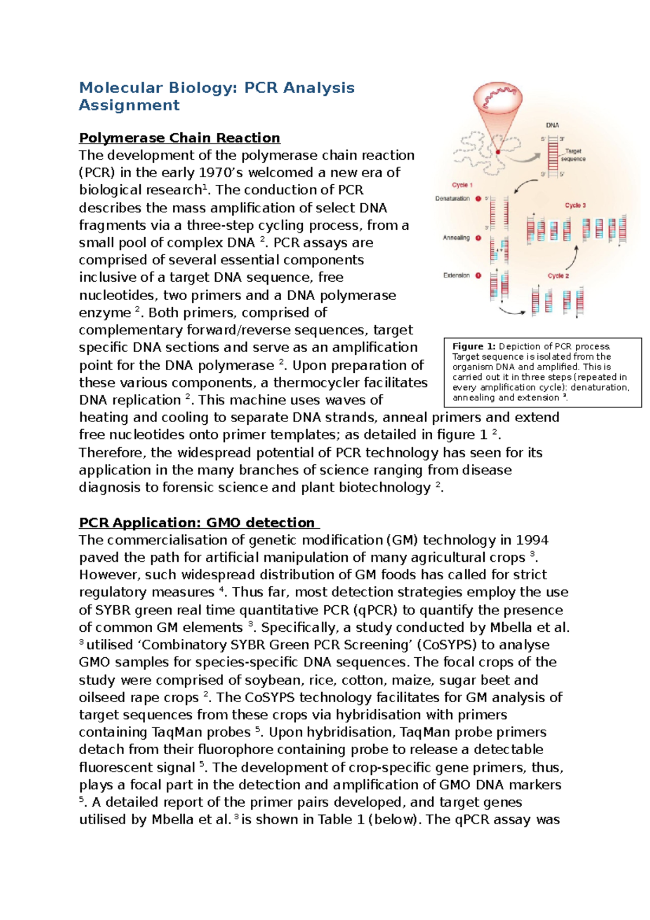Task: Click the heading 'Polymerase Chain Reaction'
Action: [x=179, y=138]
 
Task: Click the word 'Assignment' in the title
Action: [x=129, y=105]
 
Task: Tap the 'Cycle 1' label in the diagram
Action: [x=463, y=185]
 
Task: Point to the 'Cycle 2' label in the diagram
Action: [x=558, y=276]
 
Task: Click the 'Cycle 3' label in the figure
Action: [x=575, y=205]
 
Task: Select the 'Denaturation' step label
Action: [x=452, y=198]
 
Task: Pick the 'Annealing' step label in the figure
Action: [x=456, y=238]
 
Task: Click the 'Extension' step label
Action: [x=456, y=275]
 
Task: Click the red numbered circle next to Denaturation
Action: [x=478, y=198]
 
